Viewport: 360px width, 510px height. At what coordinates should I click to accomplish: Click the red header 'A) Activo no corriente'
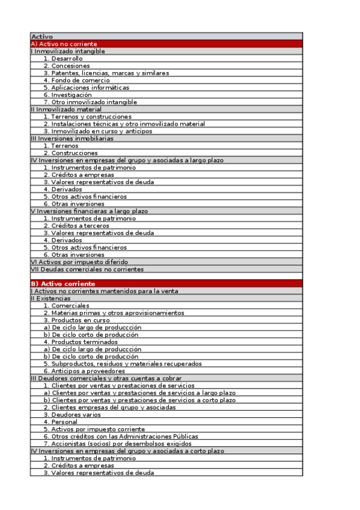click(64, 44)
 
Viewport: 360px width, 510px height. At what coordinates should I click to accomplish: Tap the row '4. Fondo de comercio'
click(76, 80)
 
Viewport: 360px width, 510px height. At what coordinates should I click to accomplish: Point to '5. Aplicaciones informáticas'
click(86, 87)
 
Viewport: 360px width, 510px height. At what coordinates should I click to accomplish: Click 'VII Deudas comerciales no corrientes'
click(87, 269)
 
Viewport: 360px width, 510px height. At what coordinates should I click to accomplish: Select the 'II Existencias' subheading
click(50, 298)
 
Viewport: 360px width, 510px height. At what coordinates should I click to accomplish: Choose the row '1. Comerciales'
click(66, 306)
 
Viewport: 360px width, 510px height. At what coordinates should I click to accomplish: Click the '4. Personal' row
click(60, 422)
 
